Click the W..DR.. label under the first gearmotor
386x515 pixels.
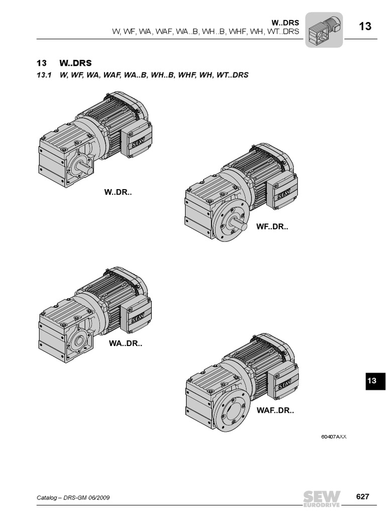pyautogui.click(x=118, y=192)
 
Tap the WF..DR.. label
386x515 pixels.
pyautogui.click(x=272, y=227)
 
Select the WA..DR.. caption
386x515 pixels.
pyautogui.click(x=125, y=344)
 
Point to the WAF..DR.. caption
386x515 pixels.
pyautogui.click(x=275, y=410)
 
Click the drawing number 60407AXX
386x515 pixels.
pyautogui.click(x=334, y=437)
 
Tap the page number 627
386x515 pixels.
pyautogui.click(x=362, y=496)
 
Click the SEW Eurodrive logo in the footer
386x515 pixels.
pyautogui.click(x=322, y=498)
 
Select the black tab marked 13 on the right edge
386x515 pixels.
pyautogui.click(x=375, y=381)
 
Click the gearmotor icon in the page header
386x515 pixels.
pyautogui.click(x=324, y=30)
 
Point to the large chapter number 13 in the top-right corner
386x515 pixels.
pyautogui.click(x=365, y=26)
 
